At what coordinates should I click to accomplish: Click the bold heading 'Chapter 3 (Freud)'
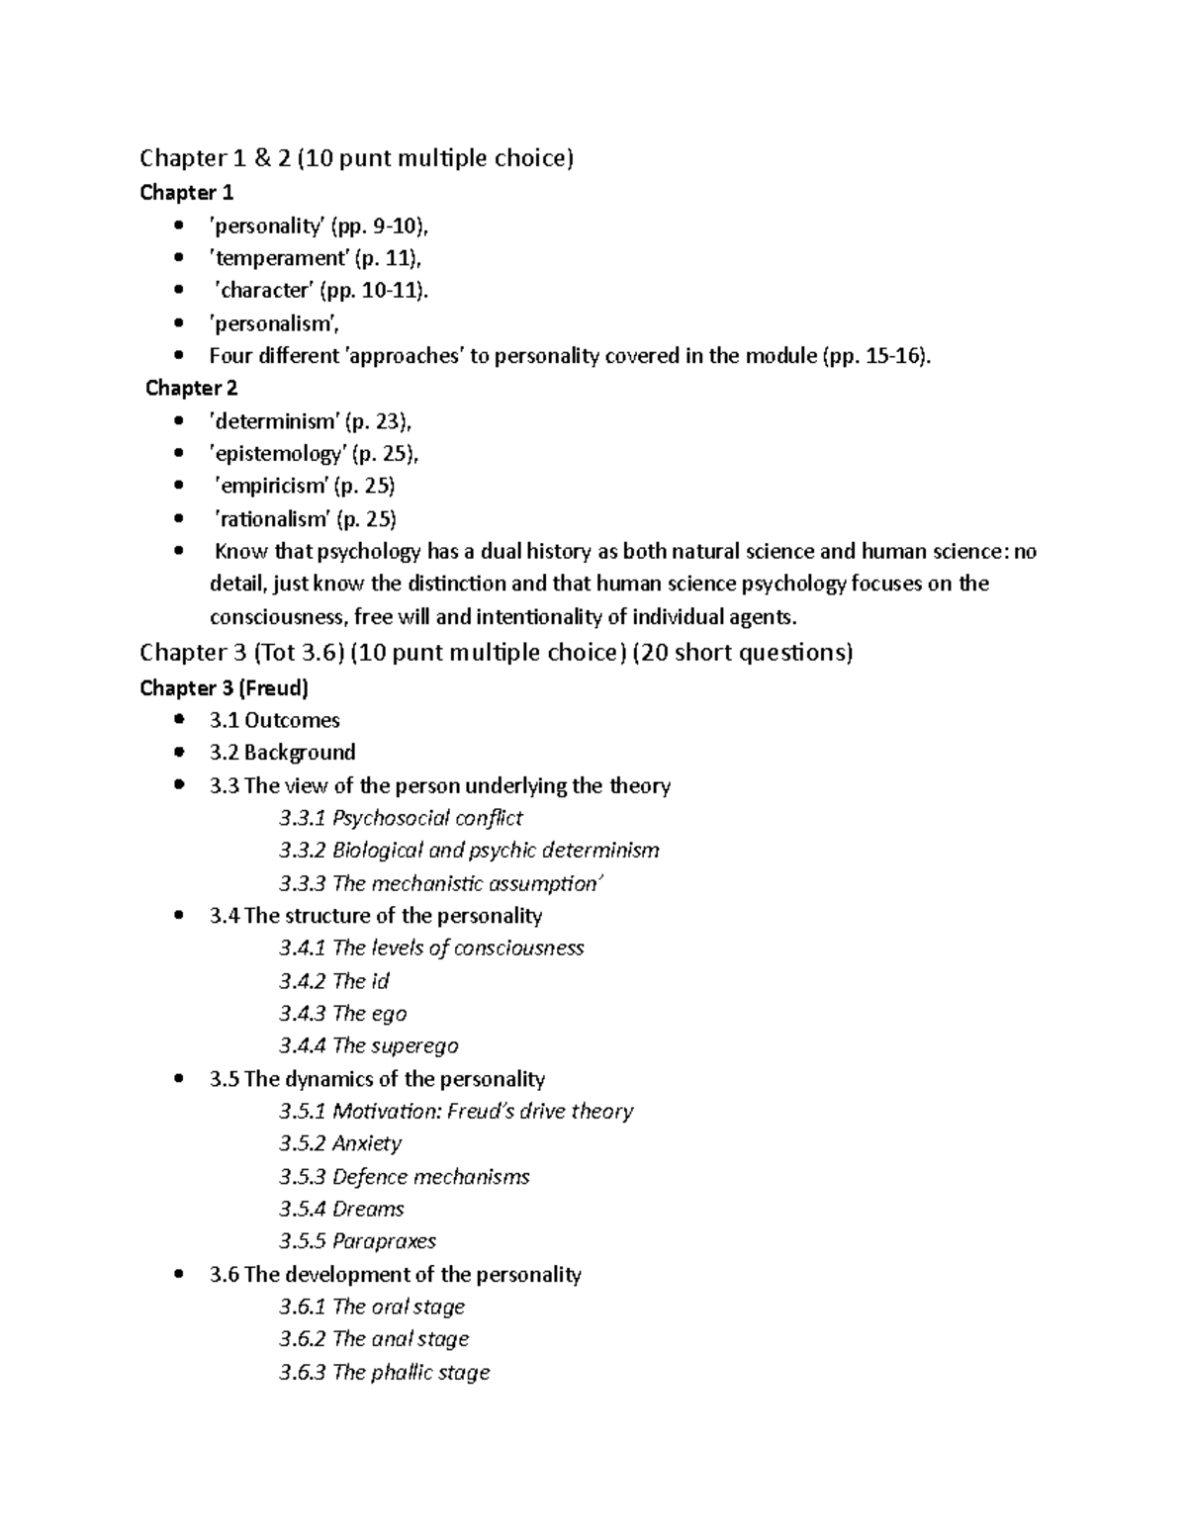pyautogui.click(x=224, y=687)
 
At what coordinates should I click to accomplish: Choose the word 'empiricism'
pyautogui.click(x=271, y=486)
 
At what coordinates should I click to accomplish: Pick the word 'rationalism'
pyautogui.click(x=272, y=519)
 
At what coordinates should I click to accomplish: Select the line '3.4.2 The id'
pyautogui.click(x=333, y=981)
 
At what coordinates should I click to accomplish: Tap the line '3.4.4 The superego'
pyautogui.click(x=368, y=1045)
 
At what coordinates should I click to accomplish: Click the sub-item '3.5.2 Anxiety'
pyautogui.click(x=340, y=1143)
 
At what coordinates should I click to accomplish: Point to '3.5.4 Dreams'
pyautogui.click(x=341, y=1209)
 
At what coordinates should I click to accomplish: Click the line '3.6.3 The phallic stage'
pyautogui.click(x=384, y=1372)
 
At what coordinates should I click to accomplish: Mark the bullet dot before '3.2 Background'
pyautogui.click(x=178, y=753)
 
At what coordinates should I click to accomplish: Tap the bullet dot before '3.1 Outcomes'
pyautogui.click(x=178, y=720)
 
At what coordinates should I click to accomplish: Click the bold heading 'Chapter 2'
pyautogui.click(x=191, y=388)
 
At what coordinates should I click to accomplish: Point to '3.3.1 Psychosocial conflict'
pyautogui.click(x=401, y=818)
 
